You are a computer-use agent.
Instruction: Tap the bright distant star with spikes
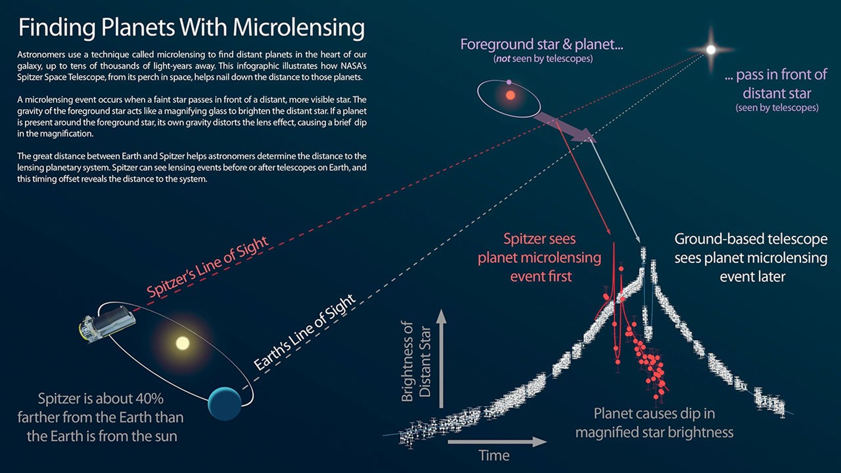click(711, 50)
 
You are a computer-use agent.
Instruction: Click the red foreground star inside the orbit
click(510, 95)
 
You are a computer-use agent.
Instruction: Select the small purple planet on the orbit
click(509, 82)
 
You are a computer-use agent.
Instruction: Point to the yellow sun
click(182, 343)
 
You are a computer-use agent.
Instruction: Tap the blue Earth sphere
click(225, 403)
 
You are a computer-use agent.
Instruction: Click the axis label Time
click(494, 456)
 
